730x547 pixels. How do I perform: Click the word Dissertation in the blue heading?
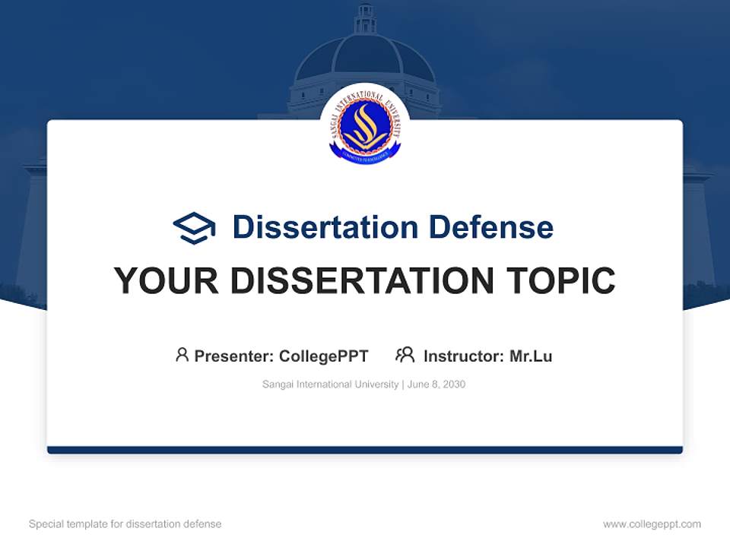[325, 227]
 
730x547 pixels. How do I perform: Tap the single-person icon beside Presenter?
[182, 355]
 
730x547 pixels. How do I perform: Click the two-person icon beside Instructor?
[405, 355]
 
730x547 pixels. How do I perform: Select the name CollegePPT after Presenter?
[324, 356]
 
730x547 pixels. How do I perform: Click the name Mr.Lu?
[531, 356]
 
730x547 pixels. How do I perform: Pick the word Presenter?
[234, 356]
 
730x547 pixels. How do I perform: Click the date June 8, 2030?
[436, 384]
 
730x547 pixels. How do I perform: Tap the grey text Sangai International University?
[330, 384]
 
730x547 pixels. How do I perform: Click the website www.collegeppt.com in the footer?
[652, 524]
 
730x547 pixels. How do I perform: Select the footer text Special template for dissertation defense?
[125, 524]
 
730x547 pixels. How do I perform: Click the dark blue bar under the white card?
[365, 450]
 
